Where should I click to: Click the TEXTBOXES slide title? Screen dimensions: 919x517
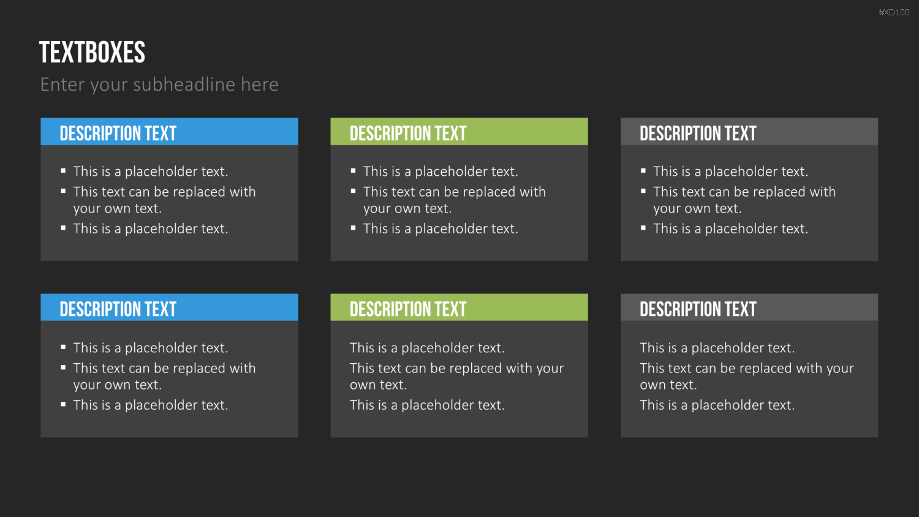click(x=93, y=53)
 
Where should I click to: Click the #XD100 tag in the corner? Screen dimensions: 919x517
click(x=894, y=12)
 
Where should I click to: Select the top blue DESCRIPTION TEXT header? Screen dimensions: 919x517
click(x=118, y=134)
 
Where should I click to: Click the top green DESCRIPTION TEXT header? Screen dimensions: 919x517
click(x=408, y=134)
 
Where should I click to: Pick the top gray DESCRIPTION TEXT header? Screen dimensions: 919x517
click(x=698, y=134)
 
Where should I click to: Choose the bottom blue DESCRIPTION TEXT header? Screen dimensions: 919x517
click(x=118, y=309)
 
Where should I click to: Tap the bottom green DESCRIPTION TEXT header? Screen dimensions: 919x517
click(x=408, y=309)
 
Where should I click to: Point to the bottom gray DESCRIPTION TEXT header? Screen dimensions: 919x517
click(x=698, y=309)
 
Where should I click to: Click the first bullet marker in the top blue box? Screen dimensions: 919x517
click(x=63, y=170)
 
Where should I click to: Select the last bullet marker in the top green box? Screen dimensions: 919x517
click(x=354, y=228)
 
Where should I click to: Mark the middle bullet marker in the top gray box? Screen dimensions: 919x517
click(x=643, y=191)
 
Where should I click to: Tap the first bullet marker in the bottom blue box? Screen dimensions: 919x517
click(x=63, y=347)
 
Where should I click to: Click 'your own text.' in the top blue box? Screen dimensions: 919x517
click(x=118, y=209)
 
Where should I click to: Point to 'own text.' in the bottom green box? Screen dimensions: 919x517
click(x=378, y=385)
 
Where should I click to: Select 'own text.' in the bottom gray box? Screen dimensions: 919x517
click(x=668, y=385)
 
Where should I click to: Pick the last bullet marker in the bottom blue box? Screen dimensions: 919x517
click(x=63, y=404)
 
